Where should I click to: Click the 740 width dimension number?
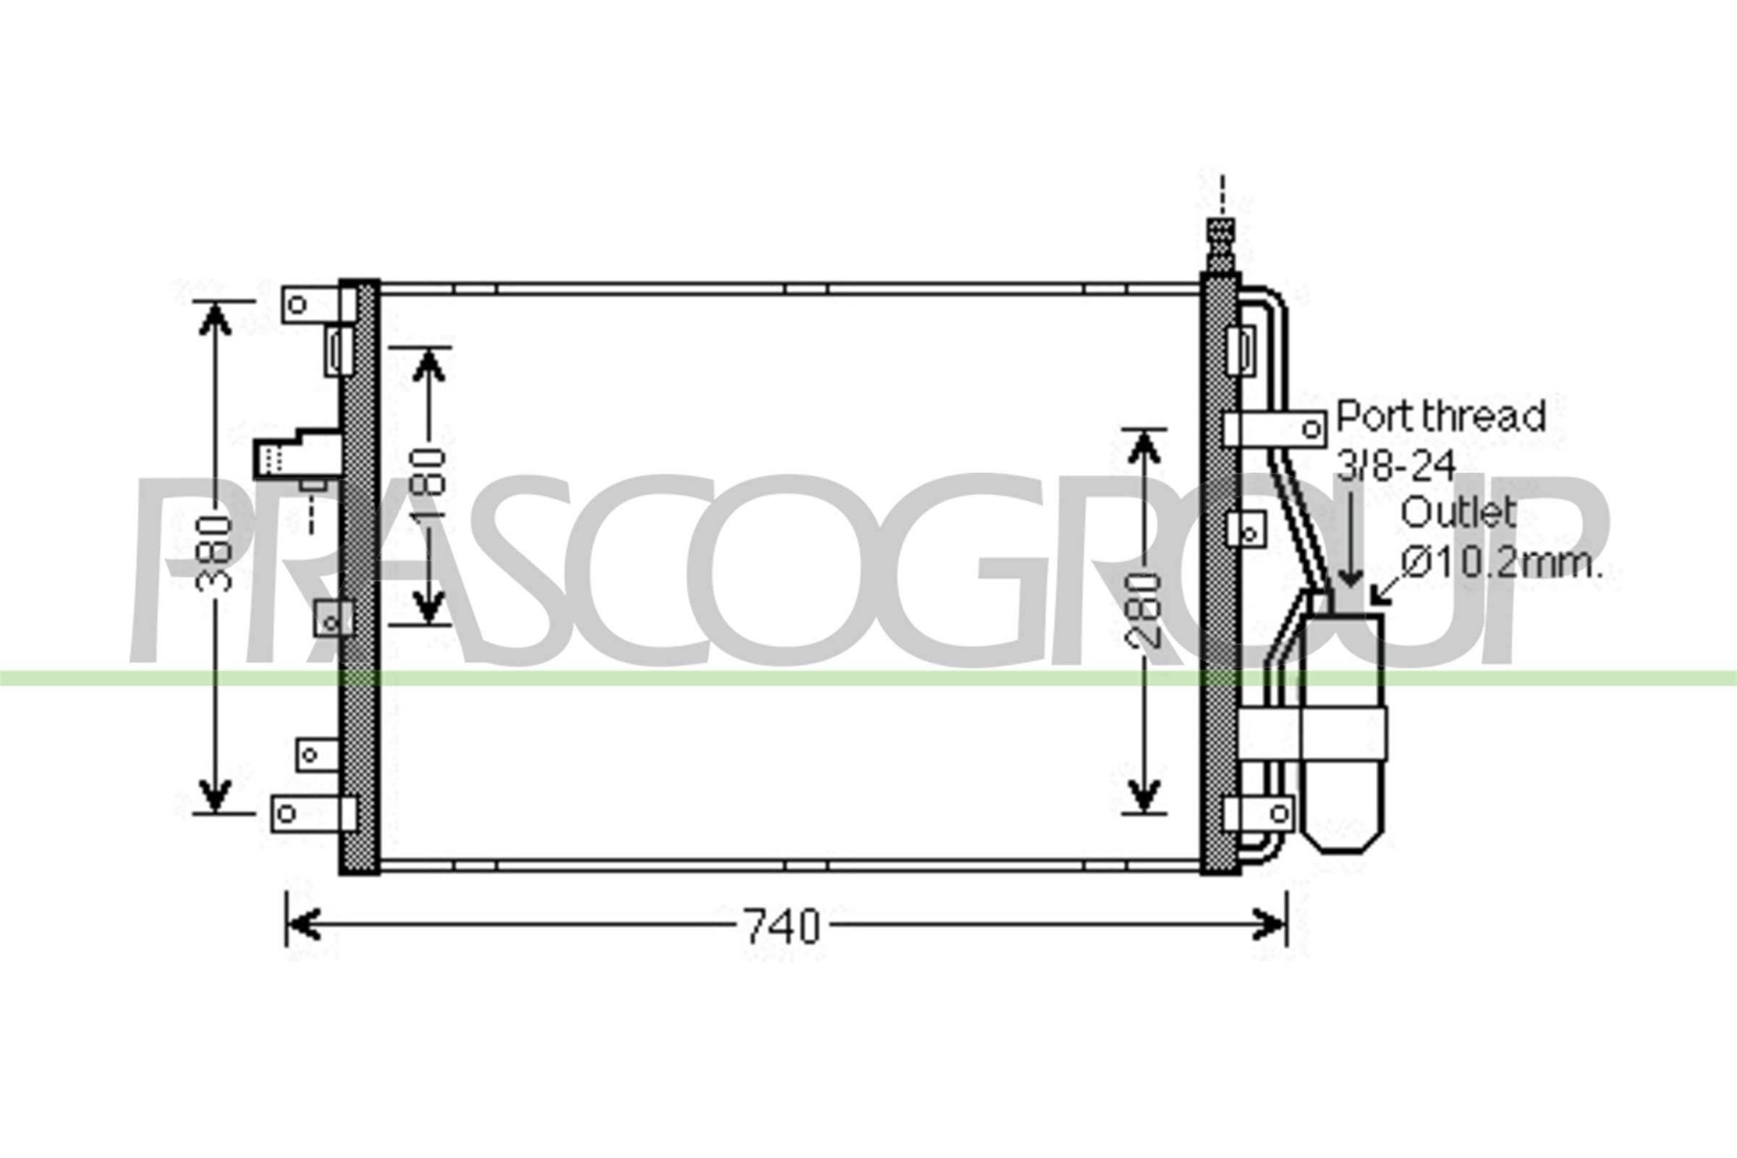click(782, 927)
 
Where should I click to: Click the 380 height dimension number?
click(214, 553)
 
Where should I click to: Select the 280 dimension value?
click(1144, 610)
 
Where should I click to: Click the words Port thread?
click(1441, 418)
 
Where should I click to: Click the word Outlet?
click(1457, 512)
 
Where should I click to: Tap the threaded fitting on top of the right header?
click(1221, 244)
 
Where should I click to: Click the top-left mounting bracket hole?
click(297, 304)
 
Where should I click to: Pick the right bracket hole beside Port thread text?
click(1311, 429)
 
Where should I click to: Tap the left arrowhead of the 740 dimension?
click(303, 925)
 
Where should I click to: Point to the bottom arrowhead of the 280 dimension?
click(1144, 796)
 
